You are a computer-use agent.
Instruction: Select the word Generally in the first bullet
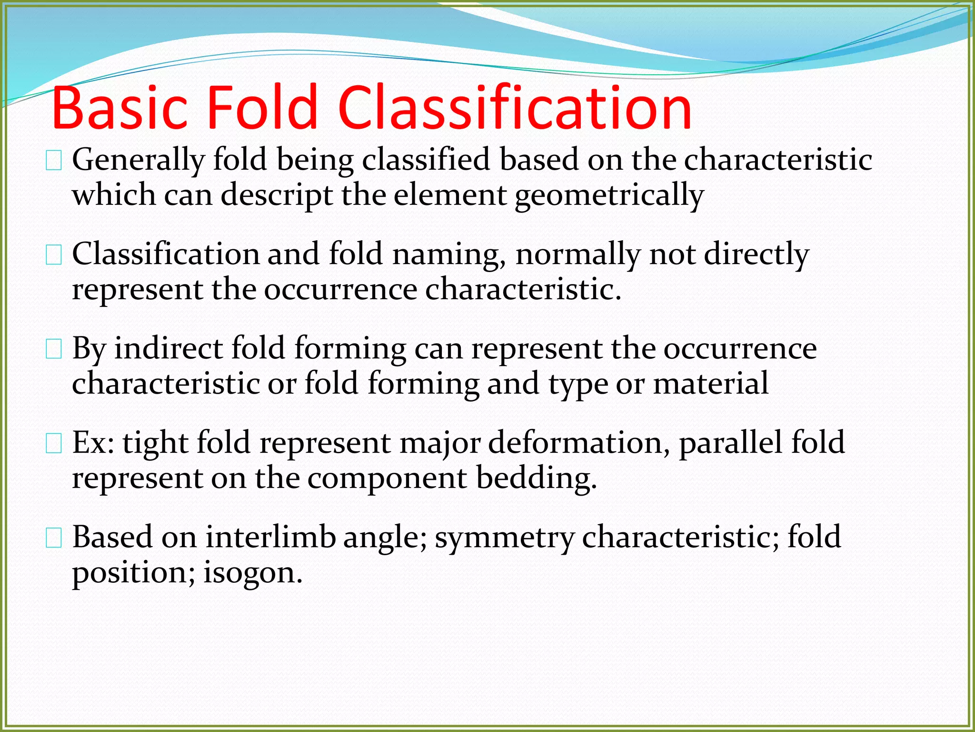pyautogui.click(x=138, y=160)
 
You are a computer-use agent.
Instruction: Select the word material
pyautogui.click(x=710, y=384)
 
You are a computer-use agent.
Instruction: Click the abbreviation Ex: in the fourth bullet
pyautogui.click(x=93, y=443)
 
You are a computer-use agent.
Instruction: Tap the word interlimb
pyautogui.click(x=270, y=537)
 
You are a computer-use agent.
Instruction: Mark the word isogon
pyautogui.click(x=253, y=573)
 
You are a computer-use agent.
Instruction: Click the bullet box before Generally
pyautogui.click(x=54, y=162)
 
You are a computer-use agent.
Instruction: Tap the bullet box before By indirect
pyautogui.click(x=54, y=350)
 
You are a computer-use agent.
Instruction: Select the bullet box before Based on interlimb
pyautogui.click(x=54, y=539)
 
